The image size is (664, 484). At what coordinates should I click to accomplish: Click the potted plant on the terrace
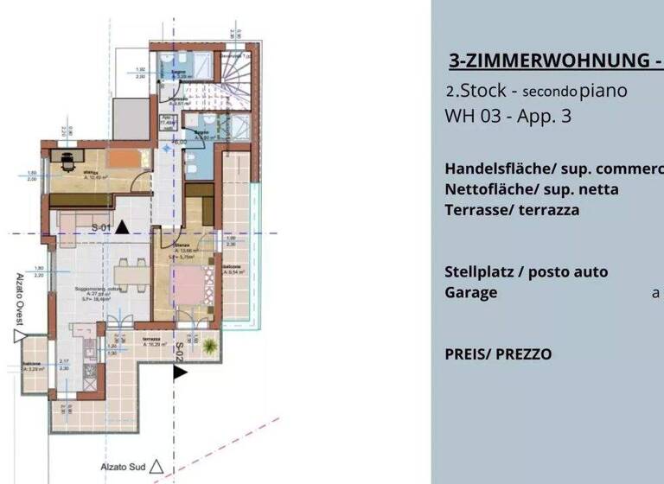point(209,347)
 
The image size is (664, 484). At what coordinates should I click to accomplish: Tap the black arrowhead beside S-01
point(123,227)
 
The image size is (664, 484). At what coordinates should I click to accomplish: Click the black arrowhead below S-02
point(179,373)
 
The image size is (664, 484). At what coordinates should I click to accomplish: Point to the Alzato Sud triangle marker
point(156,467)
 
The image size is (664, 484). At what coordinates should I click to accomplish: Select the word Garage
point(471,292)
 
